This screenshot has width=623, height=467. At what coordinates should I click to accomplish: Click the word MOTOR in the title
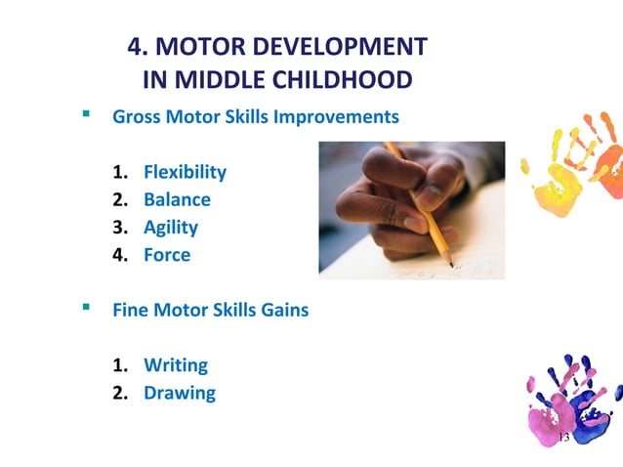196,47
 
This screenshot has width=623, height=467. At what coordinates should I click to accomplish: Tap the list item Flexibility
185,172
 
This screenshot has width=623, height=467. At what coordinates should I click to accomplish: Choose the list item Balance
177,199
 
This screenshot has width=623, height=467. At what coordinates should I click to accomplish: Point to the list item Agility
171,227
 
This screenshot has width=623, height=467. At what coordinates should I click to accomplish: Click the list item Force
167,255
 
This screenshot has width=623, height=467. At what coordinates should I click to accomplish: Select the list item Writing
176,365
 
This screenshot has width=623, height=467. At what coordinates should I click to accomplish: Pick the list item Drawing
180,393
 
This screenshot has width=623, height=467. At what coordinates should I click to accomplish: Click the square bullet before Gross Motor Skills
87,114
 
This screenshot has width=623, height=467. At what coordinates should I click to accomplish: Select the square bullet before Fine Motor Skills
87,308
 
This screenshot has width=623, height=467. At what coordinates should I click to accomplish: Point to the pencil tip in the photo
450,264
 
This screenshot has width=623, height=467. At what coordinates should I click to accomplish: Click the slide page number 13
562,438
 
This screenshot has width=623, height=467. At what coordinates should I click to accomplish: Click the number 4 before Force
118,255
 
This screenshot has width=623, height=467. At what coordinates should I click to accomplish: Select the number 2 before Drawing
118,393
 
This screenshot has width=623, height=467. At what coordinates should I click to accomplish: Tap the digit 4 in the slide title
136,47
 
